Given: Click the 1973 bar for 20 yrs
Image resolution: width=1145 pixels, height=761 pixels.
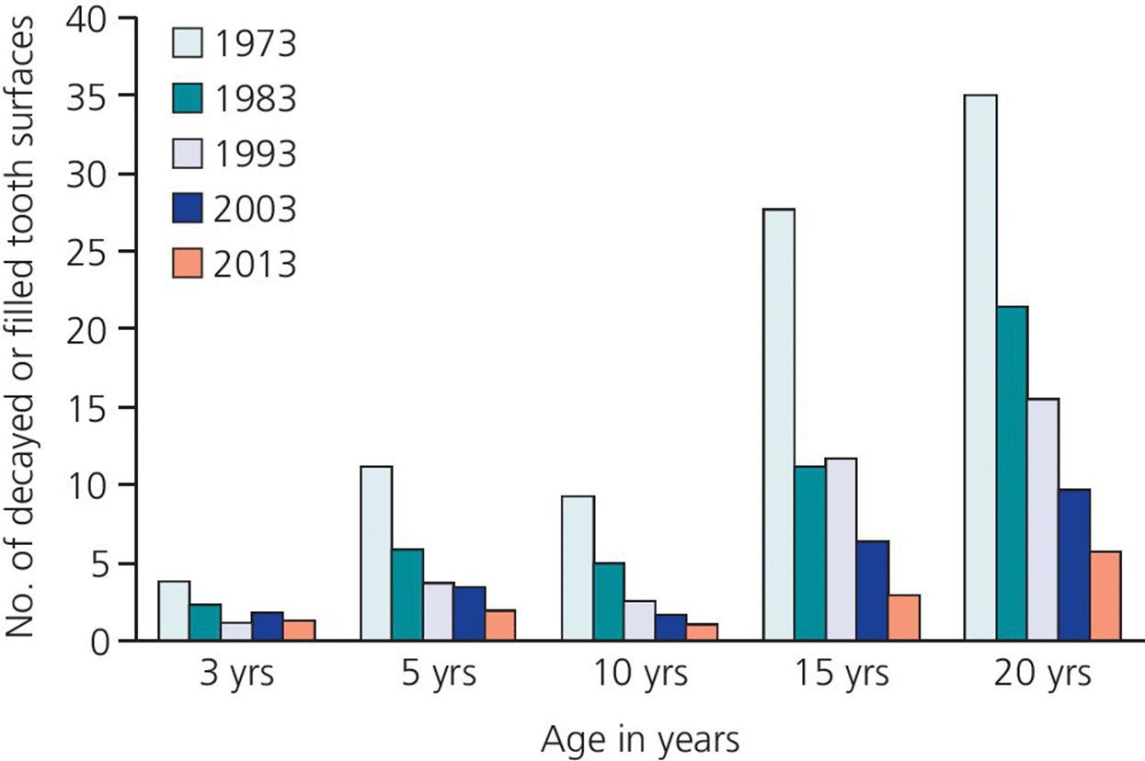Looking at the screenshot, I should (x=980, y=368).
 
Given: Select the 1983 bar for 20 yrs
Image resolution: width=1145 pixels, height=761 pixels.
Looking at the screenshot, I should (x=1012, y=473).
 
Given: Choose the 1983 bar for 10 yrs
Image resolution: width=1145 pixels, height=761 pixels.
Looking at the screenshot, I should (x=609, y=601).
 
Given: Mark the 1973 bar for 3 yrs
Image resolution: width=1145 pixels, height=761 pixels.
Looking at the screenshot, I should (x=174, y=610).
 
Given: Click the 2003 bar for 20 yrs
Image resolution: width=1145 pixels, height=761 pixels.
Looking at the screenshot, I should (x=1074, y=564).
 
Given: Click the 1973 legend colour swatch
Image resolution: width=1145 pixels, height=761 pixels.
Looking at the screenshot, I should (x=186, y=43).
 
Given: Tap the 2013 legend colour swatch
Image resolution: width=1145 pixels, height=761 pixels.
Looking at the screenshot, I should (x=186, y=264).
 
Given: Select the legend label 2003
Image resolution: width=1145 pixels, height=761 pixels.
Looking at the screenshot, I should (x=255, y=209).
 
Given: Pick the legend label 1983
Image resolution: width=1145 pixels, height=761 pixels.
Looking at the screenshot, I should (x=255, y=98).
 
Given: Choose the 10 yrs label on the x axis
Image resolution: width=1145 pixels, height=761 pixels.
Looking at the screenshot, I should (x=625, y=675).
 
